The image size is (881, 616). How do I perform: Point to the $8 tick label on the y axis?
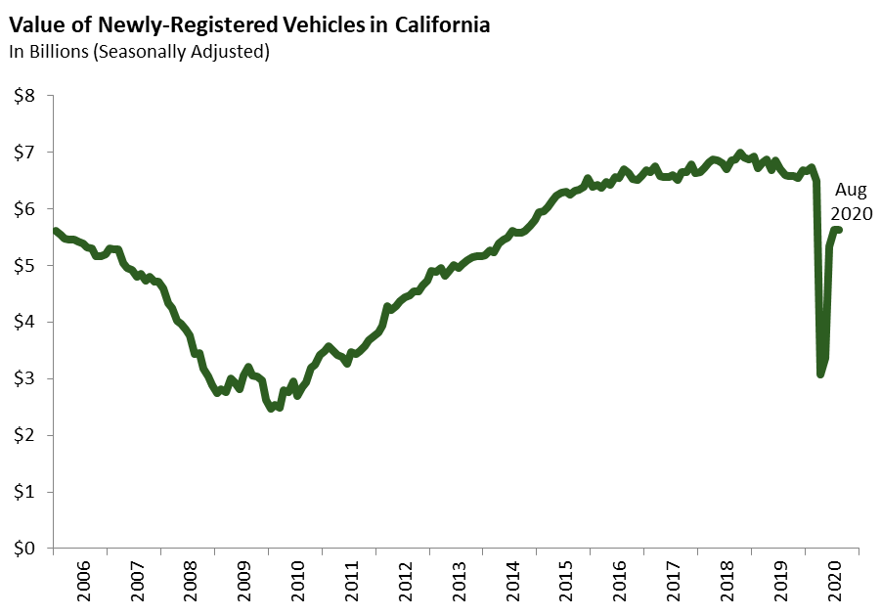(23, 96)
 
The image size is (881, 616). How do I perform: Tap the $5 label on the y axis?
(23, 266)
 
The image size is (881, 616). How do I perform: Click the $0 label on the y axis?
(23, 549)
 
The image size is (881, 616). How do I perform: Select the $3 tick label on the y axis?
(23, 378)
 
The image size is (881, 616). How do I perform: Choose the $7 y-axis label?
(23, 153)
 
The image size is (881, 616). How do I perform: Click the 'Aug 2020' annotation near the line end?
(850, 202)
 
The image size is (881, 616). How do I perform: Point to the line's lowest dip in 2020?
(820, 374)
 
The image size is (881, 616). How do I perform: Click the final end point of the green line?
(839, 230)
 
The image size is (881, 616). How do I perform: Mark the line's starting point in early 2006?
(56, 232)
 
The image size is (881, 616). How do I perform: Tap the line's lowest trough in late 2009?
(272, 408)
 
